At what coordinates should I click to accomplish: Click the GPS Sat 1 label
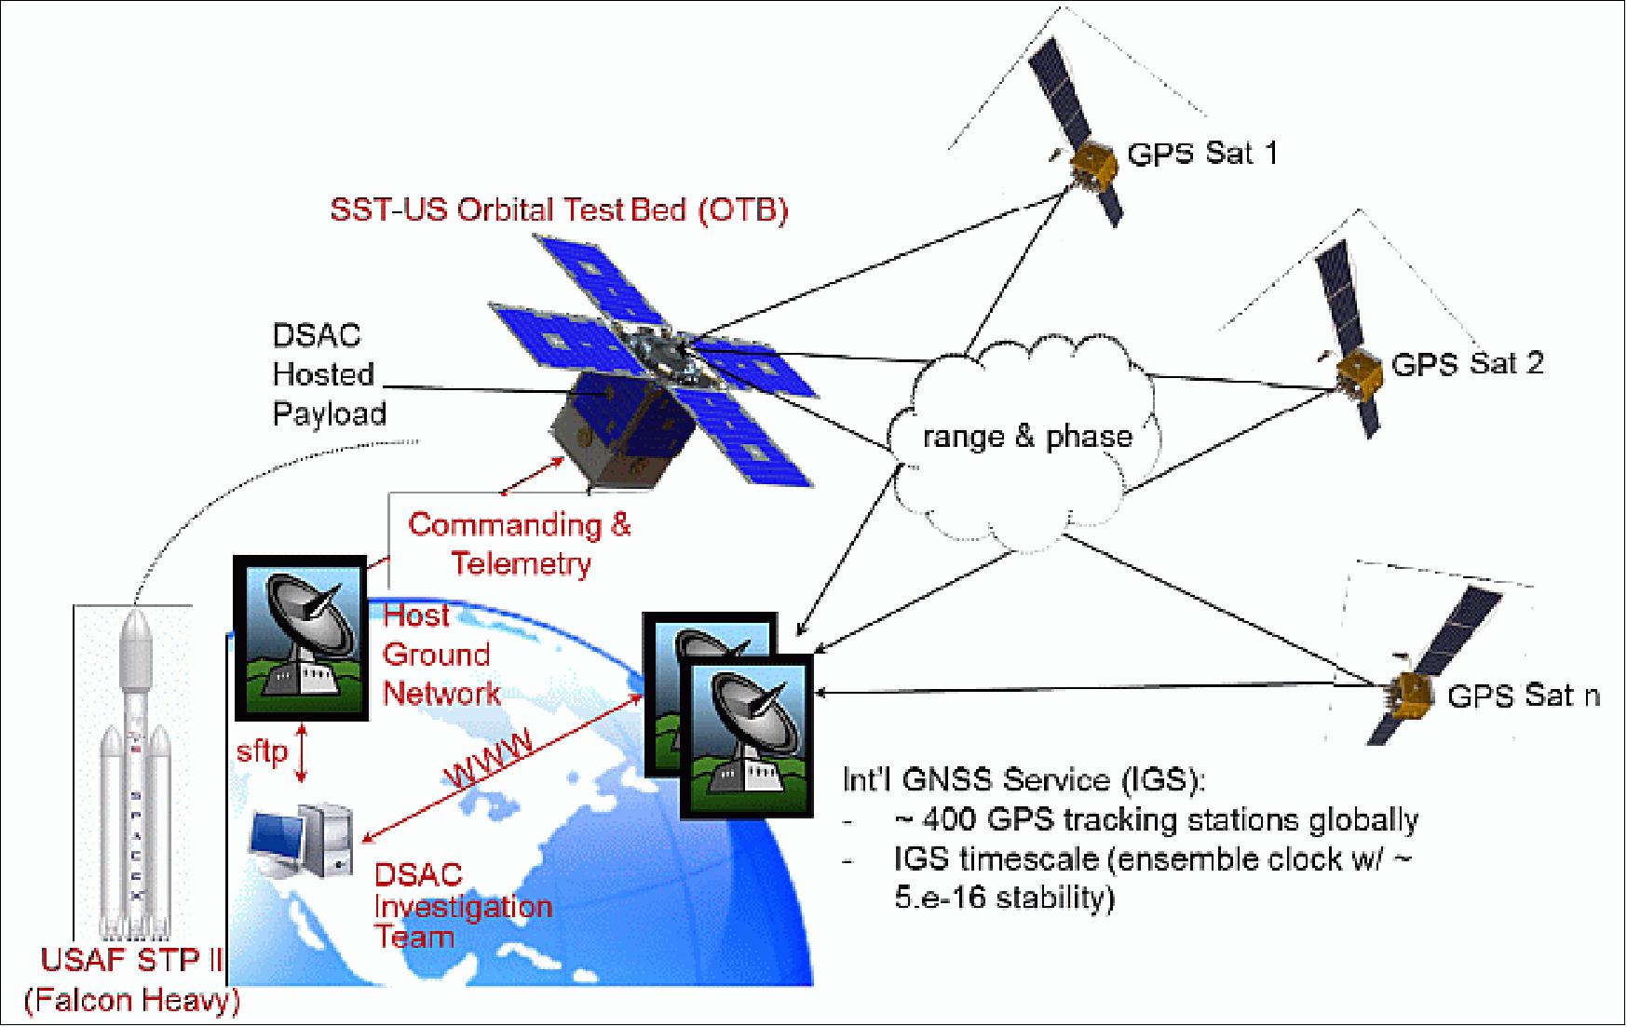click(1201, 153)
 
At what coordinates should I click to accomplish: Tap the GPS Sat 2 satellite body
click(1359, 372)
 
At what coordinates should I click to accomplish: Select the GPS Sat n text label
click(1523, 696)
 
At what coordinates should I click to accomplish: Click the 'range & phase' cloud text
click(1027, 437)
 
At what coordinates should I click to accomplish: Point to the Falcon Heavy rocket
click(135, 773)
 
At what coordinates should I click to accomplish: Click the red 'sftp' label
click(262, 750)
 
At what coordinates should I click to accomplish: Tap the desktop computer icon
click(302, 843)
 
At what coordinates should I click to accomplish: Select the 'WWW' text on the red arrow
click(490, 757)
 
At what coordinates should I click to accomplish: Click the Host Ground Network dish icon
click(301, 638)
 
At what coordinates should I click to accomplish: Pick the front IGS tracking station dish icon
click(747, 736)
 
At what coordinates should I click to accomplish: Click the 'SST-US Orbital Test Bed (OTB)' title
click(559, 209)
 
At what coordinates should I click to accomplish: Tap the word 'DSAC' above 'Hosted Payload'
click(316, 335)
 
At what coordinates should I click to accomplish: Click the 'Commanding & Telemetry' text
click(520, 544)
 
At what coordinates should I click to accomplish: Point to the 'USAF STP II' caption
click(131, 960)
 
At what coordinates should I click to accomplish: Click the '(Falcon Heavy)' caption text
click(131, 1000)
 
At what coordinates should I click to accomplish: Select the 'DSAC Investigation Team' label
click(462, 906)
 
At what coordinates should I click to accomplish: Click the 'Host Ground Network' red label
click(441, 655)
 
